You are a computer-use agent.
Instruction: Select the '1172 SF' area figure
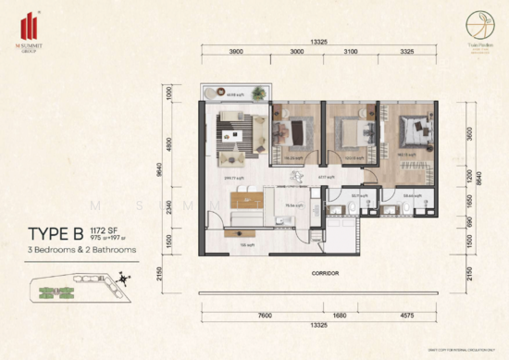pos(106,230)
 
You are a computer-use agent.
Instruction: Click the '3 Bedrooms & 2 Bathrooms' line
pos(81,250)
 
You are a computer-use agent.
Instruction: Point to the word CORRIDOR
pos(324,274)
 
